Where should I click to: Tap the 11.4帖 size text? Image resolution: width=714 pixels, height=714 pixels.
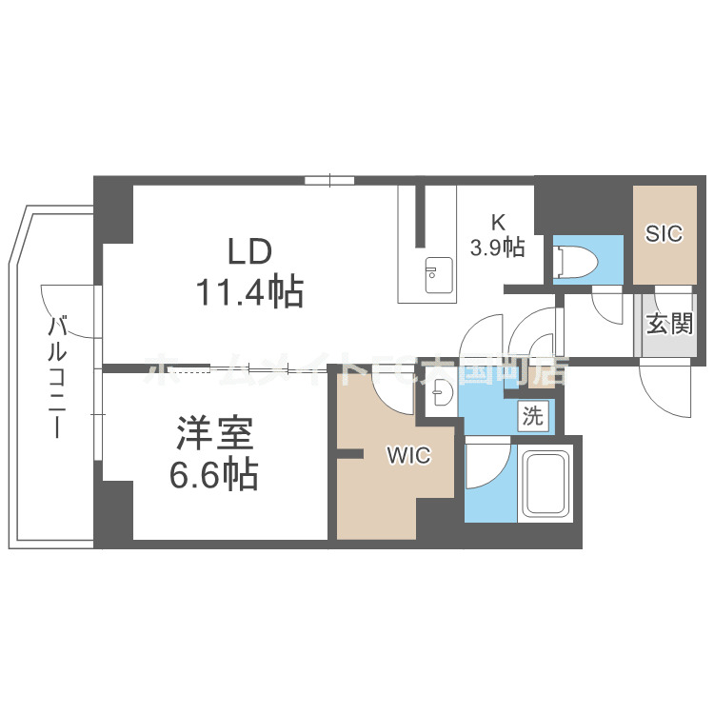tap(249, 292)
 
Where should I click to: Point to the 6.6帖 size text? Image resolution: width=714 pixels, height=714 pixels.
tap(214, 474)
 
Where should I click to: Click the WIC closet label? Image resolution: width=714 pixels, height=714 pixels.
tap(407, 456)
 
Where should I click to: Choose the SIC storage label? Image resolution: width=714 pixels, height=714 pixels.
tap(664, 233)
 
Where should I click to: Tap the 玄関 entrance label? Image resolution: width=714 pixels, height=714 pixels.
tap(669, 324)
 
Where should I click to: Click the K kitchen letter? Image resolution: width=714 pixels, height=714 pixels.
tap(497, 222)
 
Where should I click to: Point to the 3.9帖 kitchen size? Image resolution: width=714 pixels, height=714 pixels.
tap(497, 248)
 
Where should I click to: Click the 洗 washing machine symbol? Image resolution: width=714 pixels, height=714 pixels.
tap(532, 415)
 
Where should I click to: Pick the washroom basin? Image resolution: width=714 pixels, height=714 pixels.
tap(441, 392)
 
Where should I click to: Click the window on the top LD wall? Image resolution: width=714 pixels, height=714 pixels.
tap(329, 179)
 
